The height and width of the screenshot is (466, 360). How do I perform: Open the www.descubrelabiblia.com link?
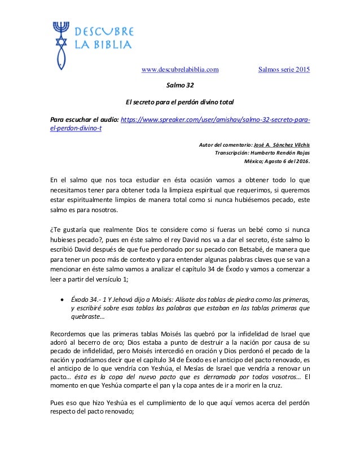click(x=180, y=70)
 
